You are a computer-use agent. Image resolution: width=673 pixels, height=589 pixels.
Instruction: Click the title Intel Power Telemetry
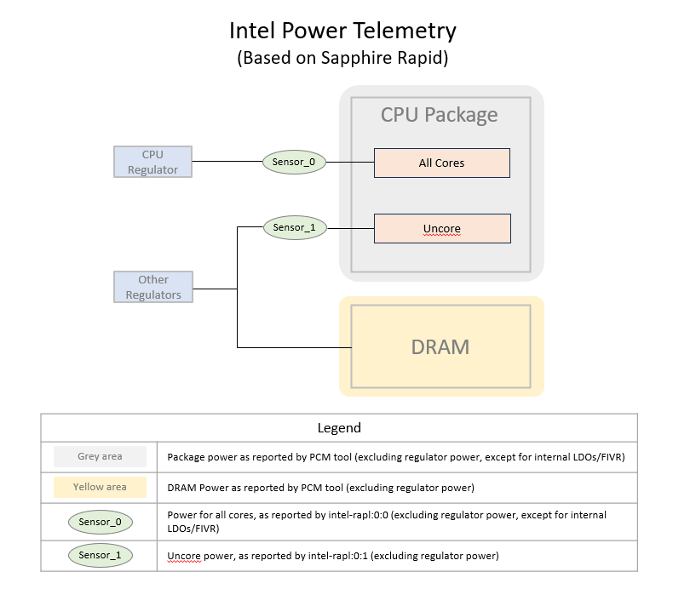[342, 31]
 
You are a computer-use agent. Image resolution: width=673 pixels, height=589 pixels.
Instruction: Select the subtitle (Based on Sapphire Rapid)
[342, 59]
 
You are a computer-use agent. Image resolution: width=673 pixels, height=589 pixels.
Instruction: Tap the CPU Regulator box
[153, 162]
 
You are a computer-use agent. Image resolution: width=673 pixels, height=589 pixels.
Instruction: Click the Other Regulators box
[153, 287]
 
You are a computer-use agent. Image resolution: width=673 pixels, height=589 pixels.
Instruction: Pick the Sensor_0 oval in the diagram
[294, 162]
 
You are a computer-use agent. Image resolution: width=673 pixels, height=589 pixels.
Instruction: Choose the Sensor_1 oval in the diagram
[294, 228]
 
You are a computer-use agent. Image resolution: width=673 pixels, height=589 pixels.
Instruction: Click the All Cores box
[441, 163]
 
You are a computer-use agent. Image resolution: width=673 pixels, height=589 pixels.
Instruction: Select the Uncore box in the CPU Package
[441, 229]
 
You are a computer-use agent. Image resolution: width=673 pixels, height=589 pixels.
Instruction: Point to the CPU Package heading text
[439, 115]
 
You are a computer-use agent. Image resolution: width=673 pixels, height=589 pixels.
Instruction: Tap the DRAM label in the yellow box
[440, 346]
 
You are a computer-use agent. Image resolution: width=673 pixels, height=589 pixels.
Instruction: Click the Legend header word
[338, 428]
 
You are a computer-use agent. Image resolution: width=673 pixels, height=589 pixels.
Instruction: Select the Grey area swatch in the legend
[100, 456]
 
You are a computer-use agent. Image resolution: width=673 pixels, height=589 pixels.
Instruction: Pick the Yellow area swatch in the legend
[100, 488]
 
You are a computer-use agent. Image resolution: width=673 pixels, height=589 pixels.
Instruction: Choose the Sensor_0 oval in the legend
[100, 522]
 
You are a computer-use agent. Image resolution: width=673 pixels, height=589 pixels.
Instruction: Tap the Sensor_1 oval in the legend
[100, 556]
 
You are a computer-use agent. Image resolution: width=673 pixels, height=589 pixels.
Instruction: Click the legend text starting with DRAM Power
[320, 488]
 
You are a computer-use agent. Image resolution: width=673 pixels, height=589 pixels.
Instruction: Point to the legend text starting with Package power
[396, 457]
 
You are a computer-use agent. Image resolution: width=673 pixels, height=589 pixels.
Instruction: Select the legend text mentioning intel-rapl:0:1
[332, 556]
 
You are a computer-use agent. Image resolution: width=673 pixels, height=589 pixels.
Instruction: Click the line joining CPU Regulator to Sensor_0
[226, 162]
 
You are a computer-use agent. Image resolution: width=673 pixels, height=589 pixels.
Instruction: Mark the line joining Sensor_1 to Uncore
[350, 228]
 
